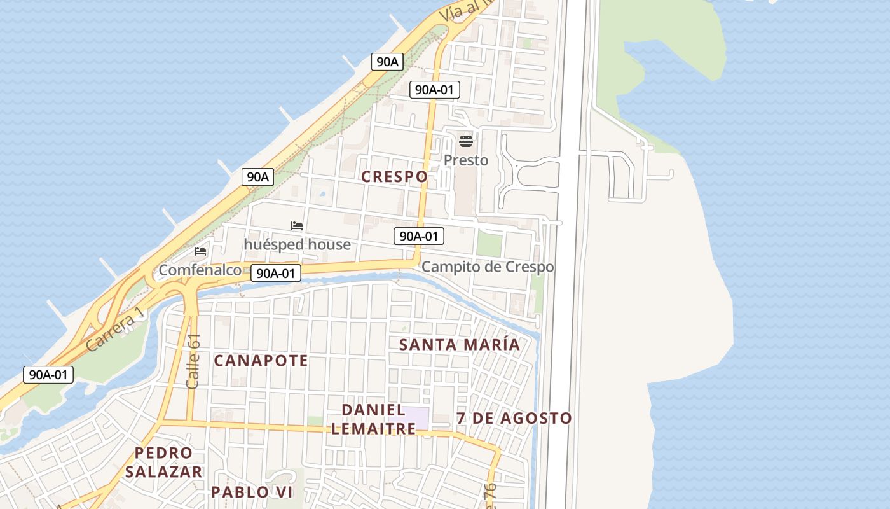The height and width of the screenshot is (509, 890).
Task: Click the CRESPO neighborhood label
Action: (x=394, y=177)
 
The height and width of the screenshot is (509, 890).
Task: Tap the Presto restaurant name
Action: (x=466, y=160)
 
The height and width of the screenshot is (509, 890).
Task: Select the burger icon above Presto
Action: (x=466, y=141)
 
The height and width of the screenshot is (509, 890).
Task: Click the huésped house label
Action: (x=297, y=244)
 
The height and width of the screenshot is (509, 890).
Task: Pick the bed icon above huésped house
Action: (x=297, y=226)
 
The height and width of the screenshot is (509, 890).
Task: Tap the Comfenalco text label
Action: (x=200, y=270)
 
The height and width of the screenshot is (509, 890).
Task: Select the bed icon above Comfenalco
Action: (x=200, y=251)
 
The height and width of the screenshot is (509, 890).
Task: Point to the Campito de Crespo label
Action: (x=488, y=267)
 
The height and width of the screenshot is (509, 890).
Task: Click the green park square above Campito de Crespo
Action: (x=489, y=244)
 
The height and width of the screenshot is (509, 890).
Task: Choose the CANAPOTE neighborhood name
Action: (x=261, y=361)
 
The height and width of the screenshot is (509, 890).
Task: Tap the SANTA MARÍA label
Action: (x=459, y=345)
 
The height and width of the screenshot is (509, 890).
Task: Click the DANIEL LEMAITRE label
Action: (x=373, y=419)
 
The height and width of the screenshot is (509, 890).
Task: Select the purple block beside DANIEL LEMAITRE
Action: (x=416, y=418)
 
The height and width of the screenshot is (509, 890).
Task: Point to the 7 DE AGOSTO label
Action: (x=514, y=419)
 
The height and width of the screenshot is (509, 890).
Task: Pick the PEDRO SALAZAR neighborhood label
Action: (x=163, y=463)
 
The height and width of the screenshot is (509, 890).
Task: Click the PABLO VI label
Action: (x=252, y=492)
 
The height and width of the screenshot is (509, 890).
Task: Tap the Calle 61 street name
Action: (x=193, y=361)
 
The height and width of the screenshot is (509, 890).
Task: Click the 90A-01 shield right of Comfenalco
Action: (x=275, y=274)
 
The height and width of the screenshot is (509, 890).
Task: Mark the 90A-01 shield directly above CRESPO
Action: (x=434, y=90)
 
